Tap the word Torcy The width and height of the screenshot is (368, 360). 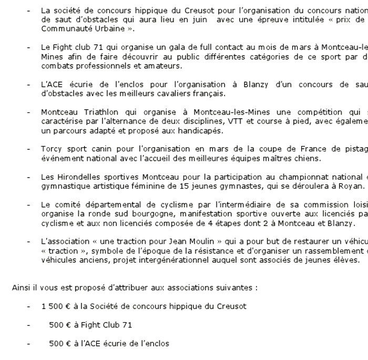tap(50, 149)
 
